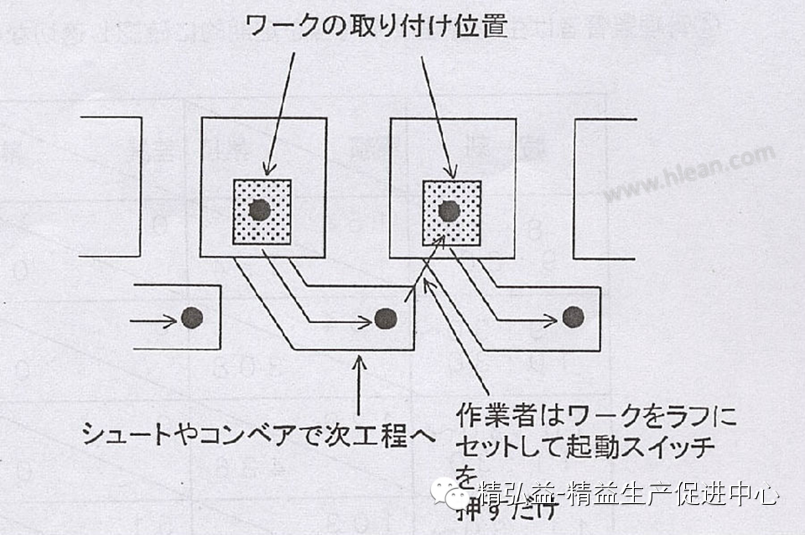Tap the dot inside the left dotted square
click(260, 210)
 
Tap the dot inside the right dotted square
click(449, 210)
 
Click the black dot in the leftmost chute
click(193, 317)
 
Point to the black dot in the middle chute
click(385, 318)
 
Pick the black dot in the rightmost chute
click(573, 316)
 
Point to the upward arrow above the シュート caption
click(359, 386)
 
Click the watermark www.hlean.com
click(689, 174)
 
